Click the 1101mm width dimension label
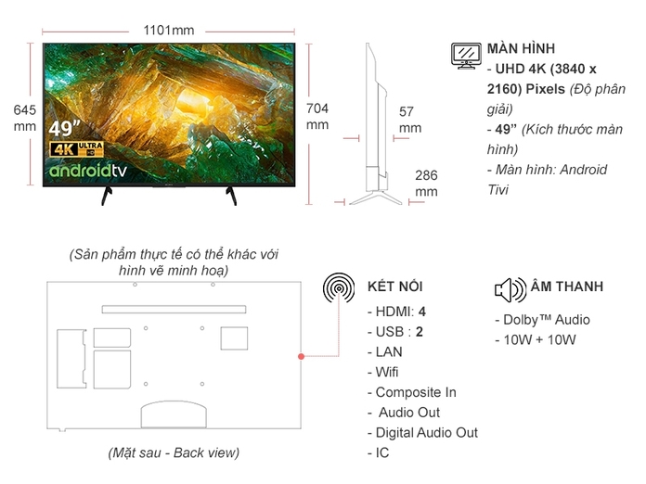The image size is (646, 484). pyautogui.click(x=168, y=30)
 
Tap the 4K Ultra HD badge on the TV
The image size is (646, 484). pyautogui.click(x=75, y=148)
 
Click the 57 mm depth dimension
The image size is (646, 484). pyautogui.click(x=409, y=120)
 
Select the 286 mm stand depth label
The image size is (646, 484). pyautogui.click(x=426, y=183)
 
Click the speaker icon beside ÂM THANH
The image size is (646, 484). pyautogui.click(x=510, y=290)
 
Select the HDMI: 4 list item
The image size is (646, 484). pyautogui.click(x=397, y=312)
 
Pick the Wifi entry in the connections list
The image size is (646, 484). pyautogui.click(x=386, y=372)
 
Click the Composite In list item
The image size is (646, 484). pyautogui.click(x=416, y=392)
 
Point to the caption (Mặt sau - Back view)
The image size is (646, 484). pyautogui.click(x=173, y=452)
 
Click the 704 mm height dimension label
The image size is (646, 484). pyautogui.click(x=317, y=116)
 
